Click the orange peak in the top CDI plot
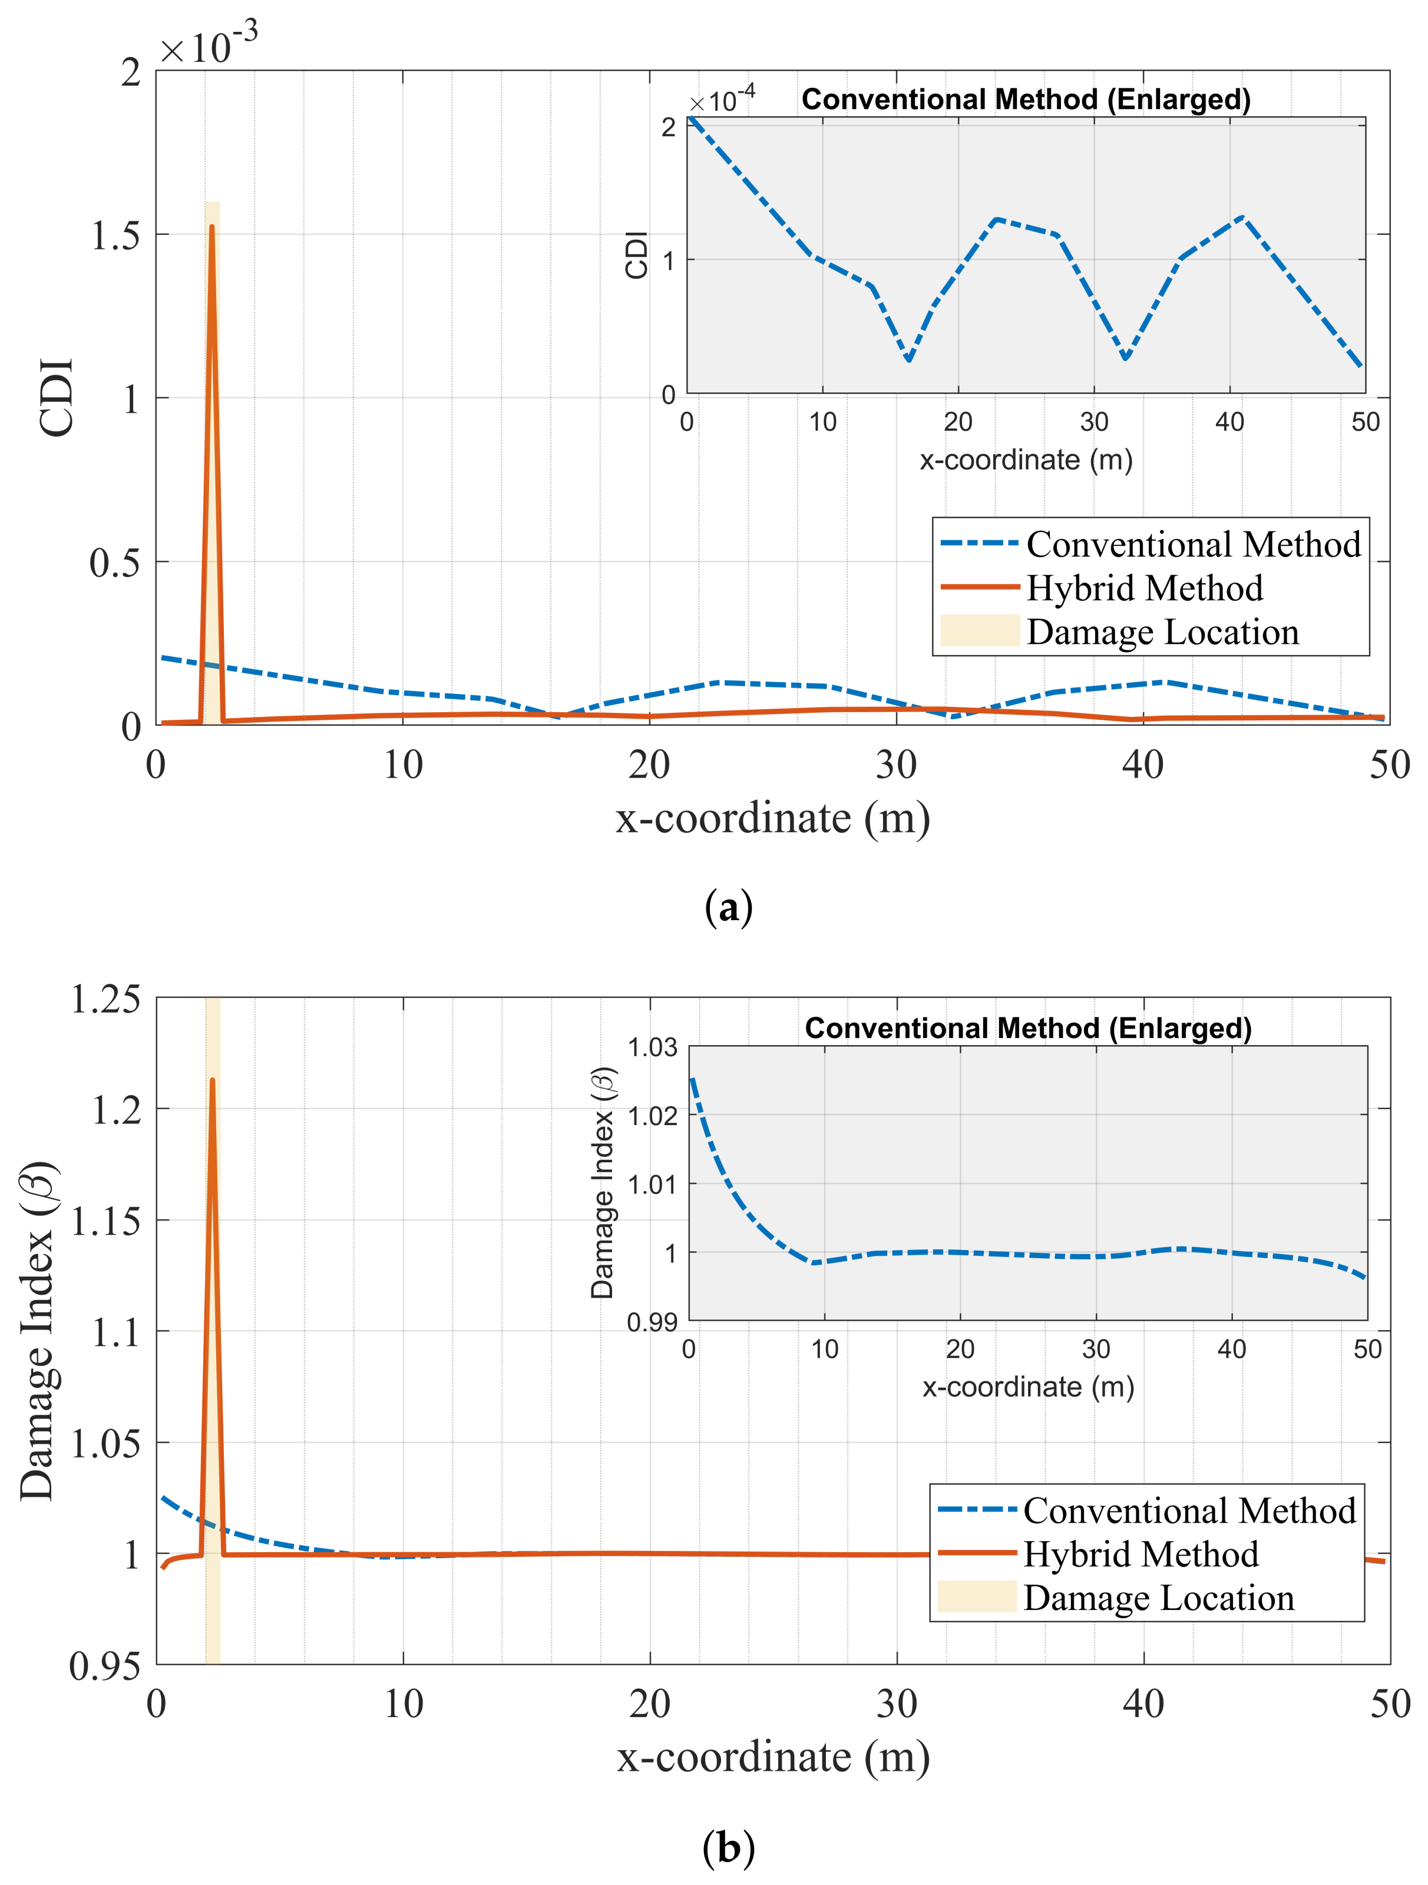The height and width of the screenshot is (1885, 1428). point(211,227)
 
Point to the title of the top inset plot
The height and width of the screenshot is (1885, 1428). point(1026,100)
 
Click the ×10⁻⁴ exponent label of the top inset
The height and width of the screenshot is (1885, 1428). point(722,101)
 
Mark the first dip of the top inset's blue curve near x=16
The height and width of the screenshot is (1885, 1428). point(909,359)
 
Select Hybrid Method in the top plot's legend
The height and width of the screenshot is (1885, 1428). point(1143,588)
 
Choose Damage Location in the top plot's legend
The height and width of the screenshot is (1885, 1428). point(1162,632)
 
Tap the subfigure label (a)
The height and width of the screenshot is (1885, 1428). point(729,908)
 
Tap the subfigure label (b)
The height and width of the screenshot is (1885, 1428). point(729,1847)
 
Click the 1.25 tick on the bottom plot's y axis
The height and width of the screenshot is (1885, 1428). point(105,998)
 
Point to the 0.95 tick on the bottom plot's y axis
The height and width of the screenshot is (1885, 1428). point(105,1666)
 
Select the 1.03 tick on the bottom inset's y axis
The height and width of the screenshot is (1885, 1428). point(653,1047)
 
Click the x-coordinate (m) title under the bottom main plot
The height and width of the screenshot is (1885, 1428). point(773,1757)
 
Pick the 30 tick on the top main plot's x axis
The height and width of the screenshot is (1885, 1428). point(897,765)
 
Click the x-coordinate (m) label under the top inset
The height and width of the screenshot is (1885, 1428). point(1026,460)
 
